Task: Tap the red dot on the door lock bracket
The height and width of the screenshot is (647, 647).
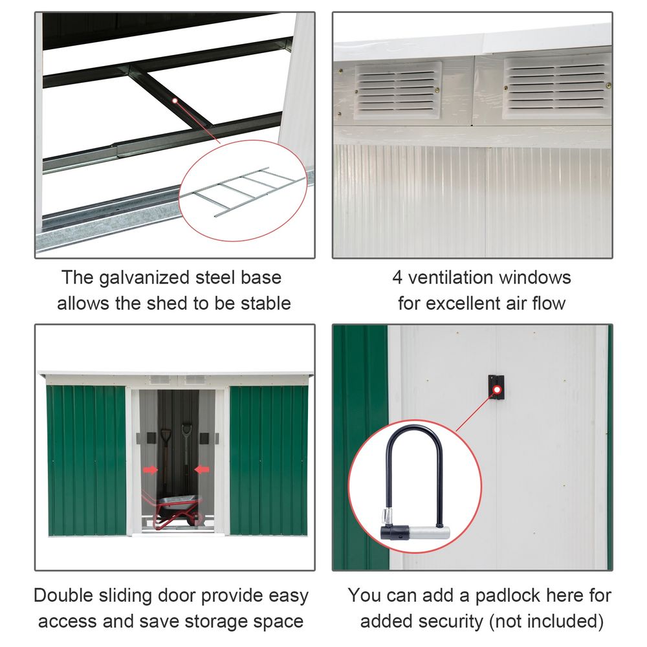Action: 497,389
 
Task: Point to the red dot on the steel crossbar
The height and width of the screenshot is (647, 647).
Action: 175,100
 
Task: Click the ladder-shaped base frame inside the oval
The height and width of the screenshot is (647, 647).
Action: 249,191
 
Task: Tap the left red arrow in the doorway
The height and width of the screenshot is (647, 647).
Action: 150,470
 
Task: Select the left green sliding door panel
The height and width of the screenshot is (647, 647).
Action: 87,459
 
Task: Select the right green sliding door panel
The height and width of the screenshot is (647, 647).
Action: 269,459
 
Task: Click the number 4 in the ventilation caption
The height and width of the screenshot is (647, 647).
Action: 398,278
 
